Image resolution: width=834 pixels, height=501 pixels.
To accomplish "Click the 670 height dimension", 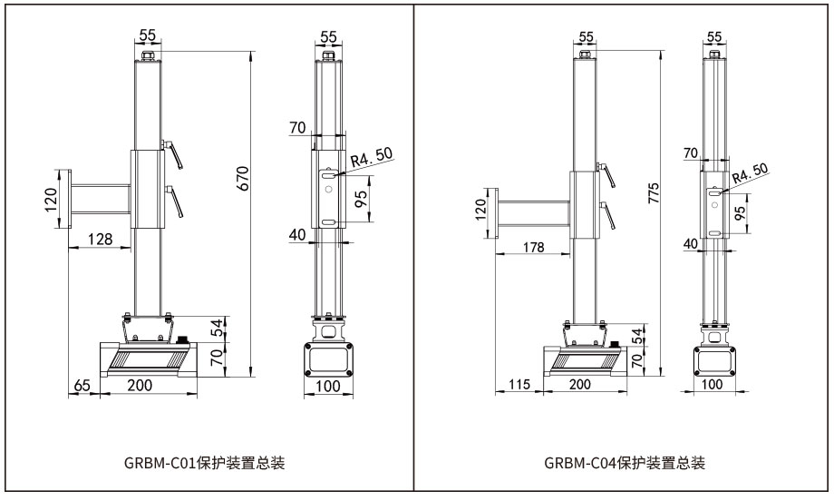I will pos(242,178).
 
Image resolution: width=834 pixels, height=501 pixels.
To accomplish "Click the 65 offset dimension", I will pos(82,386).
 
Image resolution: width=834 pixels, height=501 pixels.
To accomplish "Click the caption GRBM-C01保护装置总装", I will pos(204,464).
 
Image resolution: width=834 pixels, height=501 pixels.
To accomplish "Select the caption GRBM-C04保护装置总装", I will pos(625,464).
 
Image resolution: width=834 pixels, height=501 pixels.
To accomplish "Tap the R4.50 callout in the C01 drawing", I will pos(372,157).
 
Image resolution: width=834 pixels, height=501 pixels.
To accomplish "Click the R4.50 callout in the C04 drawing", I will pos(749,173).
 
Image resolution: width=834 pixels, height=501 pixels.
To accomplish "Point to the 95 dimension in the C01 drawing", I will pos(362,200).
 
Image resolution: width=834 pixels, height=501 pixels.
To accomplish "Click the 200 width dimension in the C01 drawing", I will pos(140,386).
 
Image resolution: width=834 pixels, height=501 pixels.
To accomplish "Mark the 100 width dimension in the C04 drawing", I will pos(713,384).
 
